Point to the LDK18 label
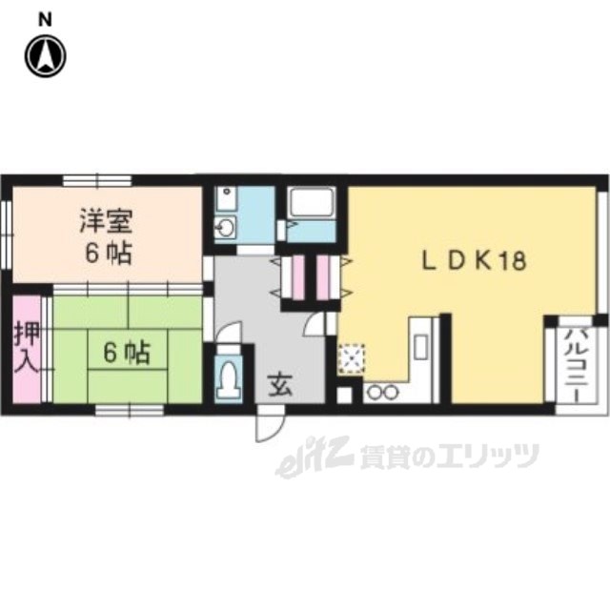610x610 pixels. point(475,261)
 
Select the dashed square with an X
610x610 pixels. point(351,357)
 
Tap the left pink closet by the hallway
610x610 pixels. point(295,276)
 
